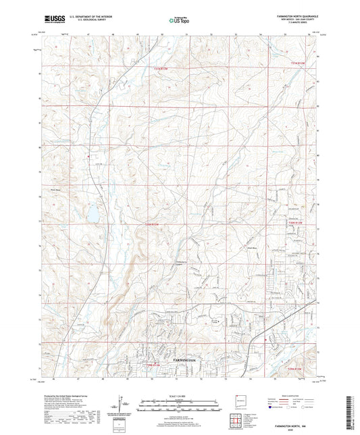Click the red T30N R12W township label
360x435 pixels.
click(x=296, y=221)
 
